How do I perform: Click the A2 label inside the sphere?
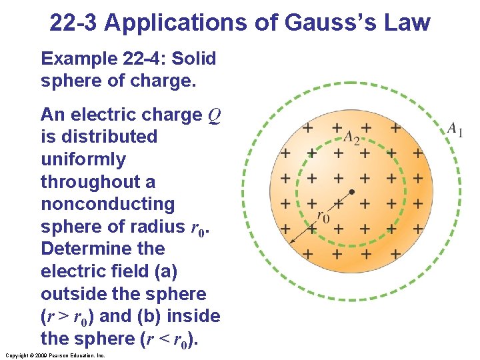click(351, 137)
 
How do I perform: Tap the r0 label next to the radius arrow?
click(322, 217)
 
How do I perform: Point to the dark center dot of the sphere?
click(351, 192)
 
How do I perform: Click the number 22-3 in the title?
click(74, 23)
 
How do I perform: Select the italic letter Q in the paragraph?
click(214, 115)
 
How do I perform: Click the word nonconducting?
click(107, 204)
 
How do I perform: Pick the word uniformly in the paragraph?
click(83, 159)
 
